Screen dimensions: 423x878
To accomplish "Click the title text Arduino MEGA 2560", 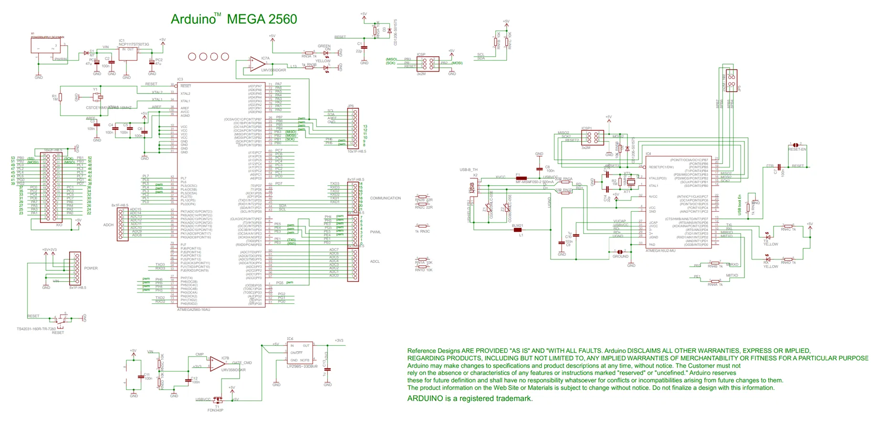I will (234, 19).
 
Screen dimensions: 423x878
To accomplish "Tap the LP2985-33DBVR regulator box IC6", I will (300, 352).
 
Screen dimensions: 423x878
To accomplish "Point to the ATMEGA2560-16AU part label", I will (193, 310).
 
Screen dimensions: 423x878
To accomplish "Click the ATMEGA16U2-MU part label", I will (660, 250).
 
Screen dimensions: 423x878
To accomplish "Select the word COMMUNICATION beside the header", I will (385, 198).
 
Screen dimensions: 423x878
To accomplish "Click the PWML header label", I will (376, 232).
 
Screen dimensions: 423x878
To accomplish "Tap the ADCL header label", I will (375, 261).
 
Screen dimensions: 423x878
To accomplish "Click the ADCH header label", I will (108, 225).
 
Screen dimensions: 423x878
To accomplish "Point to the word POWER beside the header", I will (91, 268).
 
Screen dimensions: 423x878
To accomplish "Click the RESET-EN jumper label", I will (797, 149).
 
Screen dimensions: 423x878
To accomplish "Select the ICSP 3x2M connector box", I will (428, 63).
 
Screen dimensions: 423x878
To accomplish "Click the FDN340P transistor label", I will (215, 410).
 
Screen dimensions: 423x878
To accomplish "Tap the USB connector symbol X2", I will (473, 188).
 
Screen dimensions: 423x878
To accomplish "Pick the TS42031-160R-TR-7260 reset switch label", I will (36, 329).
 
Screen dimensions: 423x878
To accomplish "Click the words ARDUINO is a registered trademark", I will (470, 399).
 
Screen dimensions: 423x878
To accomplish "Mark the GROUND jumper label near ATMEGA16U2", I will (620, 257).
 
